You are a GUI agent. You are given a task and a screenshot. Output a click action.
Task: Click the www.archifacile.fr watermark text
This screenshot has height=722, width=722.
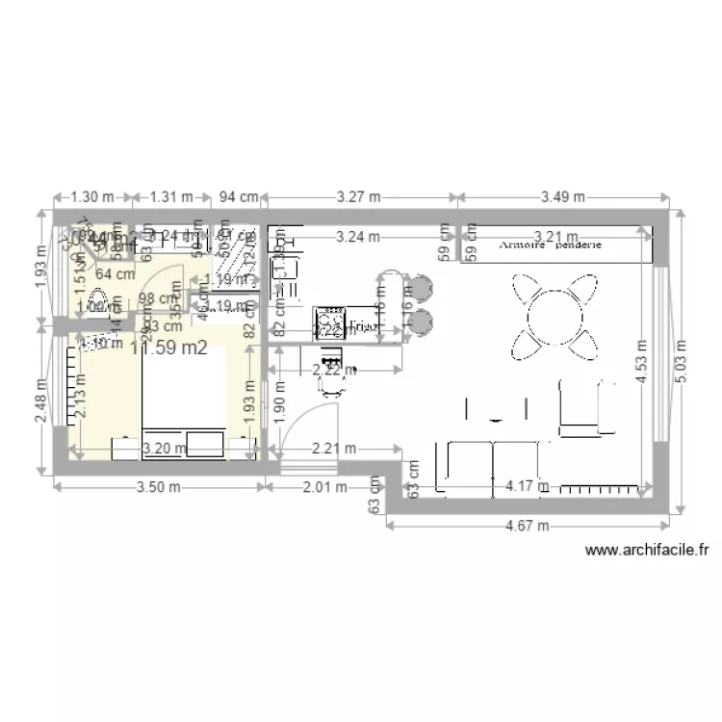(x=647, y=552)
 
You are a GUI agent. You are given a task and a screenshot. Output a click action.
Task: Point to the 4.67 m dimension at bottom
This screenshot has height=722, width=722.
(x=529, y=526)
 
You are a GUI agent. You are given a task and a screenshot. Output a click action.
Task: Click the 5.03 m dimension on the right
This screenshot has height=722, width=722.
(x=682, y=360)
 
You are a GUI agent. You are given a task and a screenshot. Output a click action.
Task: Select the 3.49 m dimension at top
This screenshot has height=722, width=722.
(x=562, y=196)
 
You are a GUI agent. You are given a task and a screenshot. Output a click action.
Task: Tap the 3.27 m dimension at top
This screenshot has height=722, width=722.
(x=358, y=196)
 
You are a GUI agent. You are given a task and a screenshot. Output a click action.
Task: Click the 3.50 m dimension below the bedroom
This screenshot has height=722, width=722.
(x=158, y=487)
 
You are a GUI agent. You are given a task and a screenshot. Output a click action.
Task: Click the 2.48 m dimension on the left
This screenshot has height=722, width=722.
(x=39, y=399)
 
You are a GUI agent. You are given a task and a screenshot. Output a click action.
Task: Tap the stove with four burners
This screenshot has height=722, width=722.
(x=329, y=320)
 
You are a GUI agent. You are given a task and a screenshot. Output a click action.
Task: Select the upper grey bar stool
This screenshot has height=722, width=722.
(x=423, y=288)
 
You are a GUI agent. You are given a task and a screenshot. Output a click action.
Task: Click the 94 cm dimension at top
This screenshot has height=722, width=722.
(x=238, y=196)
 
